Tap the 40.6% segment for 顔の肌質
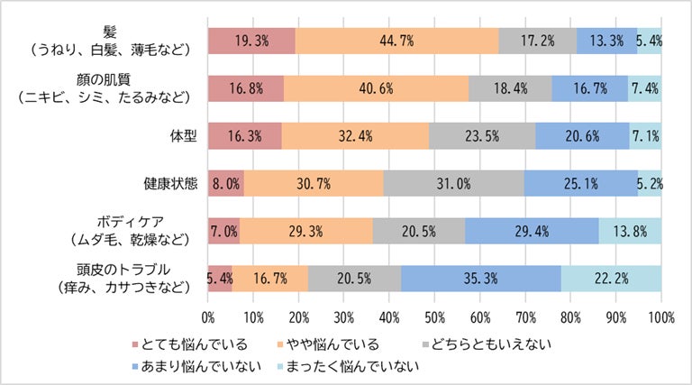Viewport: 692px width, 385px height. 376,89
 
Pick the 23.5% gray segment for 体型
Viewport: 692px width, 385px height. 482,136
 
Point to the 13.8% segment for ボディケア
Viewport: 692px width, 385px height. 630,230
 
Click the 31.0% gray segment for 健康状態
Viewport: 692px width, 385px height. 454,183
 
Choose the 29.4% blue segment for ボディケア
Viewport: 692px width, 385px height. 532,230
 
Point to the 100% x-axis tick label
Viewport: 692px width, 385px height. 660,316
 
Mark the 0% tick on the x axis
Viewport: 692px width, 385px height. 208,316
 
